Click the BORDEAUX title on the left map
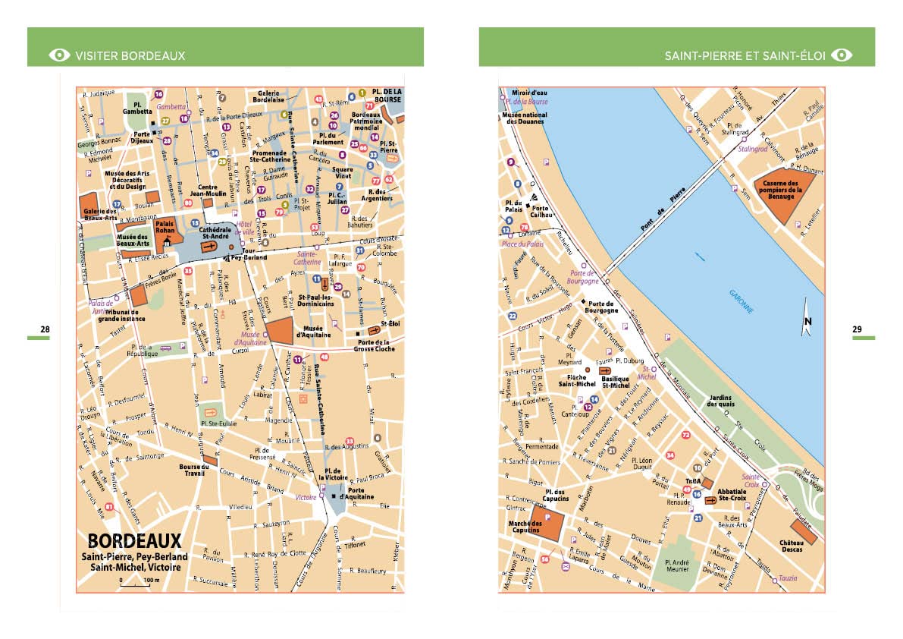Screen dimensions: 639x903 pos(135,541)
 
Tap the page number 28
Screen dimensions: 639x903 pos(45,329)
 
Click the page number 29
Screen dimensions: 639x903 pos(857,329)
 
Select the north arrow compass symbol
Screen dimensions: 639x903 pos(807,317)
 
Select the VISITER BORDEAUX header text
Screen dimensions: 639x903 pos(130,55)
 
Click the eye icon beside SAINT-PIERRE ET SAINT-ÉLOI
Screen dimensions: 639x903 pos(842,55)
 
